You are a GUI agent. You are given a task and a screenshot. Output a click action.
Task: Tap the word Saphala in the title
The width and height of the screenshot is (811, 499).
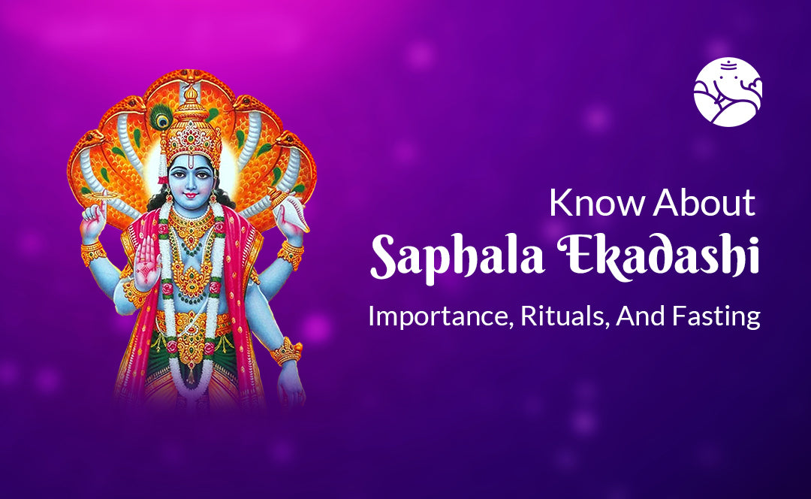click(458, 259)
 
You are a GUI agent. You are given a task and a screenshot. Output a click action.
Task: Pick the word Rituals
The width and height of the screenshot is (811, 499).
click(562, 316)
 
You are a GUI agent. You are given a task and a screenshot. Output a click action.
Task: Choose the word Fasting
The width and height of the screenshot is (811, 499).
click(716, 316)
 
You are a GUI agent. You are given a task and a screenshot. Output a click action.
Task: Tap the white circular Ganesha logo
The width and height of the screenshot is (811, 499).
click(727, 92)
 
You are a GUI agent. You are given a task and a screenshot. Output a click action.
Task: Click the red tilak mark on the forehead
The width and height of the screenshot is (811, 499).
click(191, 162)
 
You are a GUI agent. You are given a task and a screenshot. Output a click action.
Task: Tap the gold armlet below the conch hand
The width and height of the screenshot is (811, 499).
click(291, 255)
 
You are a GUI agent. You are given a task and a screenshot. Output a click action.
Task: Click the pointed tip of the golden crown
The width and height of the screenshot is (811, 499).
click(191, 88)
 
